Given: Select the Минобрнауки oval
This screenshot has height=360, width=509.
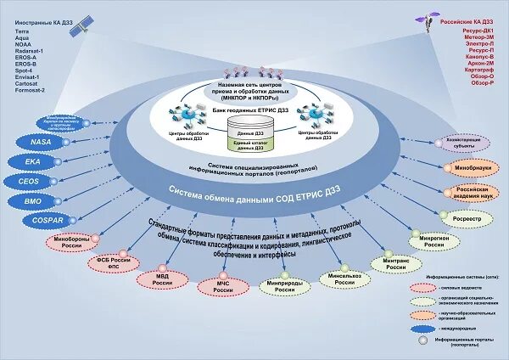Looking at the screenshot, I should click(x=462, y=168).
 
